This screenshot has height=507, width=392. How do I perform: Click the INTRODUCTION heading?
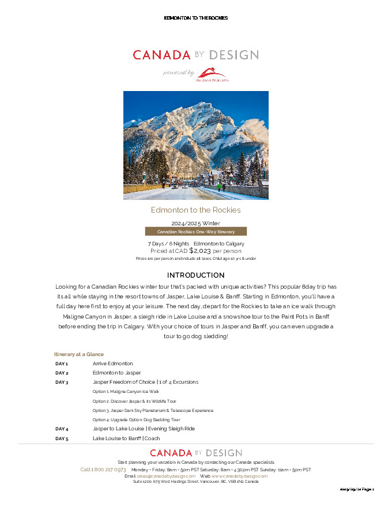(195, 275)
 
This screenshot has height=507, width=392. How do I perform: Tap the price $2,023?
(200, 251)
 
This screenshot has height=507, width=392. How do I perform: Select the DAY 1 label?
(62, 364)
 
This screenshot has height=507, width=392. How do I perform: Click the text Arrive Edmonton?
(112, 364)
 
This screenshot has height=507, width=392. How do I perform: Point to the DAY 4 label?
(62, 429)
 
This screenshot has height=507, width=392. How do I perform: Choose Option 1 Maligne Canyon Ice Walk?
(126, 391)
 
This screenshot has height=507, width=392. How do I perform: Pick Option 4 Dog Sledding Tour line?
(136, 420)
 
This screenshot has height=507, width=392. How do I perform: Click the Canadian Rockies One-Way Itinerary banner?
(196, 232)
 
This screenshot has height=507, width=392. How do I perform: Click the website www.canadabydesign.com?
(239, 476)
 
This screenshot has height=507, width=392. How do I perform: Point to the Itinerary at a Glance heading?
(79, 354)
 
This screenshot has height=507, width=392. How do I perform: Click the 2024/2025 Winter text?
(195, 223)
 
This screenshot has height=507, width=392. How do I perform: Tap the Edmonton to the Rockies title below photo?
(195, 210)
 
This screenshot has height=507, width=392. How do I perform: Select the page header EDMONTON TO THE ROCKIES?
(196, 18)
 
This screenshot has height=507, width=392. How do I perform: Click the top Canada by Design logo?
(195, 55)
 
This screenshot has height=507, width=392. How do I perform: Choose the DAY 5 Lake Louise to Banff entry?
(126, 438)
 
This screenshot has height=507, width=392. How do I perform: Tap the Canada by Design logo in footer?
(196, 453)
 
